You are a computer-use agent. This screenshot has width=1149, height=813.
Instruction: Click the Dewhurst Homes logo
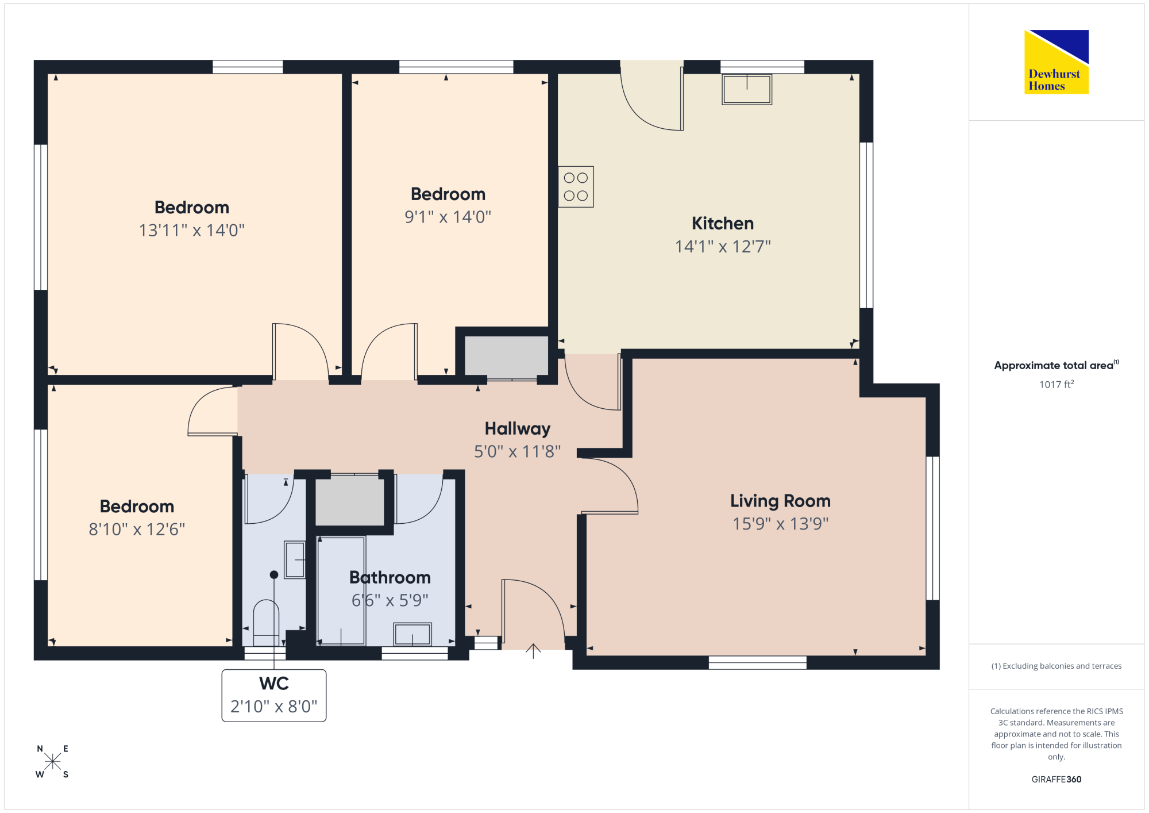pos(1057,62)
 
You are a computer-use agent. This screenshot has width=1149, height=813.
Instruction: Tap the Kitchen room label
pos(723,223)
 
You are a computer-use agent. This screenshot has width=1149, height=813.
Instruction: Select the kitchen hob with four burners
pos(576,187)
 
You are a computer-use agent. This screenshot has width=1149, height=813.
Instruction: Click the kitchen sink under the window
pos(747,90)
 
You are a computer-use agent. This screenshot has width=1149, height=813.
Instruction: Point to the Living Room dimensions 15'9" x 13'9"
pos(780,524)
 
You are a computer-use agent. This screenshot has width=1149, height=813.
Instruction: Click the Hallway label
pos(518,429)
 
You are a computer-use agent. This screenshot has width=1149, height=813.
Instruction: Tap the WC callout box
pos(274,696)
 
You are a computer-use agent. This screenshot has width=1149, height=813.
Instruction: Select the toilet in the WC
pos(266,623)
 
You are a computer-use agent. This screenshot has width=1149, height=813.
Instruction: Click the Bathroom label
pos(390,577)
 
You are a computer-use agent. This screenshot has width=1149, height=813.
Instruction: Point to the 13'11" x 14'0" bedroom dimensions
pos(192,231)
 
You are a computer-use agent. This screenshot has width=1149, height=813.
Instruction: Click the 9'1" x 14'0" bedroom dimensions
pos(448,217)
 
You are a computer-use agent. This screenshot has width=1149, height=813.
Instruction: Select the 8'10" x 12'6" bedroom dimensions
pos(137,530)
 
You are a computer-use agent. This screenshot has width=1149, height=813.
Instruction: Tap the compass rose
pos(52,762)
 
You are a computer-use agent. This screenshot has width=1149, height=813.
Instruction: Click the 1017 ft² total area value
pos(1057,384)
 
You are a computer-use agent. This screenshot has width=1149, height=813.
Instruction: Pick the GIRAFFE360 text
pos(1057,780)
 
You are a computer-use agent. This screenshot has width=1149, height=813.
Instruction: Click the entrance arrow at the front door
pos(533,651)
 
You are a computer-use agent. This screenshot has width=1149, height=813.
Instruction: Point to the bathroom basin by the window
pos(412,635)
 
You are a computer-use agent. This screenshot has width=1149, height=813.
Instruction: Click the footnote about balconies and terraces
pos(1057,666)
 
